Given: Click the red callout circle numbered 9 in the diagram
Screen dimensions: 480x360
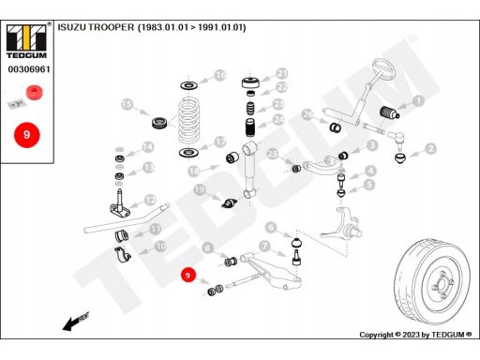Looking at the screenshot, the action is tap(187, 275).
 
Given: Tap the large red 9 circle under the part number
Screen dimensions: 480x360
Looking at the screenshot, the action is tap(27, 135).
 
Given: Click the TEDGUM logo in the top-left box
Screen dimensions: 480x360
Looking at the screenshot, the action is tap(26, 41).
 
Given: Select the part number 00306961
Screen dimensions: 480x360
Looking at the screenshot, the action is tap(29, 69).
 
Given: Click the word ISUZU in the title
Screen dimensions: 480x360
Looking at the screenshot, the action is tap(71, 27).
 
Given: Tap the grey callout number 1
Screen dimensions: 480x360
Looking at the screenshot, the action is tap(418, 100).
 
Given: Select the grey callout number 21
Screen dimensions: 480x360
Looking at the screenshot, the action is tap(282, 74).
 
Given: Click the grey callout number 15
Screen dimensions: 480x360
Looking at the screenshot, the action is tap(127, 104).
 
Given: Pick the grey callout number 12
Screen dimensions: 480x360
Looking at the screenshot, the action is tap(150, 200).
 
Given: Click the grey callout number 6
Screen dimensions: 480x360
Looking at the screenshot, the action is tap(271, 227).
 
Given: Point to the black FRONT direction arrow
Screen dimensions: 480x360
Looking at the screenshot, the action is tap(75, 322).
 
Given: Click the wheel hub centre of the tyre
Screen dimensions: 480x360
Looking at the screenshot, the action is tap(442, 285).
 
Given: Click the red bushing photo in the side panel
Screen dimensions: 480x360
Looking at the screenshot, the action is tap(35, 92).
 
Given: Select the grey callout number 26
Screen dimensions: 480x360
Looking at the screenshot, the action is tap(308, 114).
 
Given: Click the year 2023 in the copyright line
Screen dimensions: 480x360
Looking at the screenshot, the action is tap(411, 335).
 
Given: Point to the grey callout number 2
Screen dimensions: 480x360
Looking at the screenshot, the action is tap(431, 149).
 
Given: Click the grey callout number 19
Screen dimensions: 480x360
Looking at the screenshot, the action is tap(200, 189).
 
